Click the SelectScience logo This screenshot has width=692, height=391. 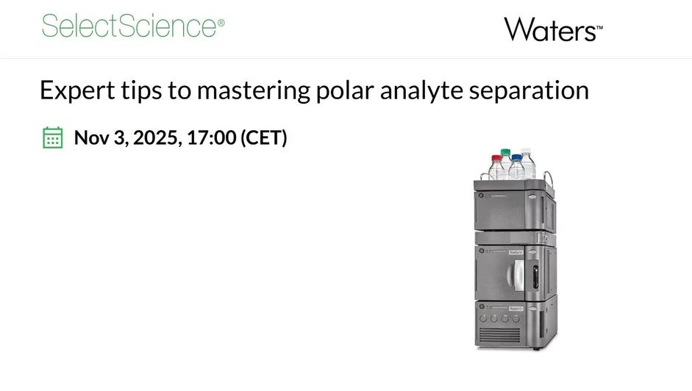click(x=129, y=26)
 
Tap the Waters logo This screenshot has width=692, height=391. click(x=552, y=30)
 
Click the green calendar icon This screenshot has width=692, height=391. click(x=52, y=137)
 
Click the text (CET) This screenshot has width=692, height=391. click(x=263, y=137)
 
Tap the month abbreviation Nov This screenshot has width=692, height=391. click(x=91, y=137)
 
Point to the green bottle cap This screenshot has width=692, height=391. click(x=505, y=152)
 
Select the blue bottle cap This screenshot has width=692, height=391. click(x=518, y=157)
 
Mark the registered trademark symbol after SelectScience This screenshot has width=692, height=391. click(x=221, y=22)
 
